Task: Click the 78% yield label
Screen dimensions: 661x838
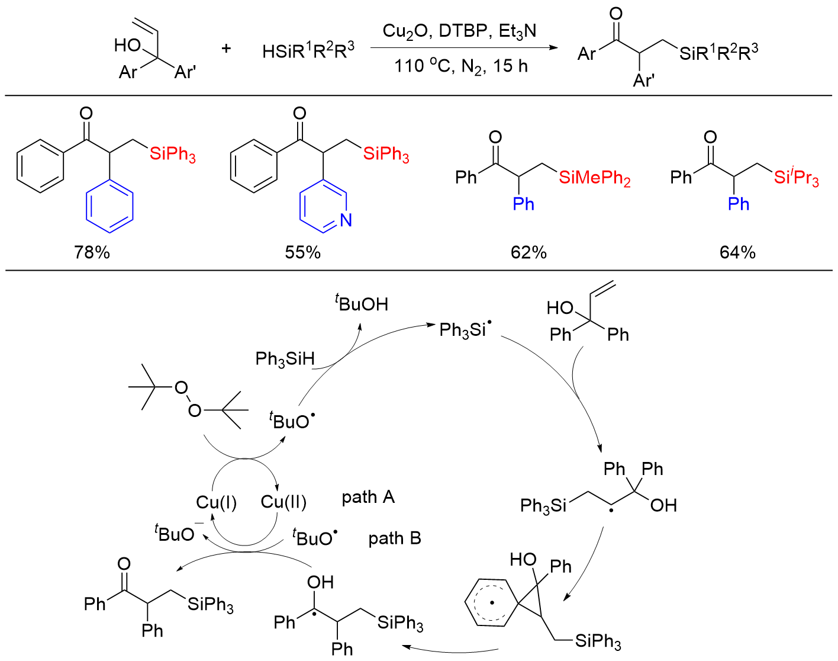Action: click(92, 252)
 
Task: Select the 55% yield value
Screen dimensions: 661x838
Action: click(302, 252)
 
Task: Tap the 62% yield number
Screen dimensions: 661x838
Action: click(528, 252)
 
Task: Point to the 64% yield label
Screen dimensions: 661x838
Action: click(737, 252)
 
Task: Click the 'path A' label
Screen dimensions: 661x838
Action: click(368, 497)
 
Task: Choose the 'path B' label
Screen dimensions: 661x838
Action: click(394, 538)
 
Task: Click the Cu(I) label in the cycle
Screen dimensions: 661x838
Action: click(217, 503)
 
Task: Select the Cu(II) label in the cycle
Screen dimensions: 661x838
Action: click(283, 503)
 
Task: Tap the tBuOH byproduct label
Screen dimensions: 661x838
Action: click(362, 304)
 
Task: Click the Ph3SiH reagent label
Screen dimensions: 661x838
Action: click(285, 359)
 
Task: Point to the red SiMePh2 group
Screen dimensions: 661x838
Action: click(594, 178)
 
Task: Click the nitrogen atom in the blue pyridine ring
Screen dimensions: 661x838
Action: click(346, 221)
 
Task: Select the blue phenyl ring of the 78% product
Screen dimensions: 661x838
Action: click(110, 207)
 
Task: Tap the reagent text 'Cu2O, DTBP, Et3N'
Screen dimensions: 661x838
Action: click(459, 31)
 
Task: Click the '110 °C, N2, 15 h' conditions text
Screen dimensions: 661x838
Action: click(460, 66)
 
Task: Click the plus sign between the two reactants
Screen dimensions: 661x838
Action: click(226, 49)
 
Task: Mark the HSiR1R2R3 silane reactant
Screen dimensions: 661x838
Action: click(308, 52)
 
